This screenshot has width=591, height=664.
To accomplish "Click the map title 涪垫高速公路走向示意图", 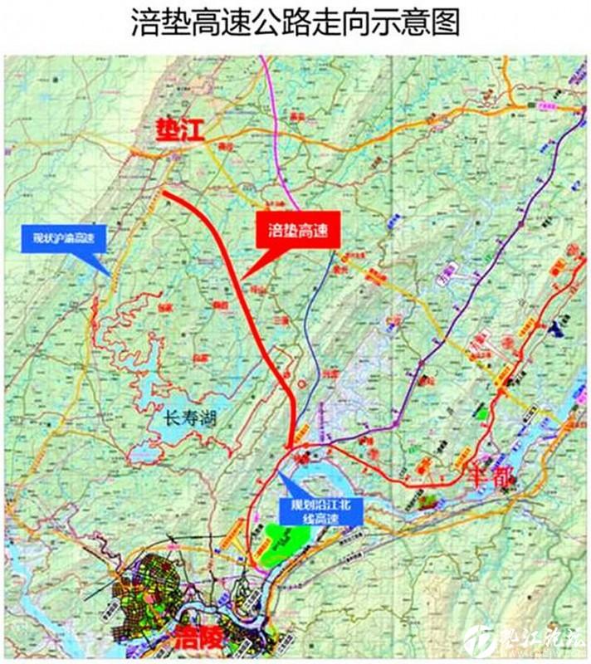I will (x=295, y=22).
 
